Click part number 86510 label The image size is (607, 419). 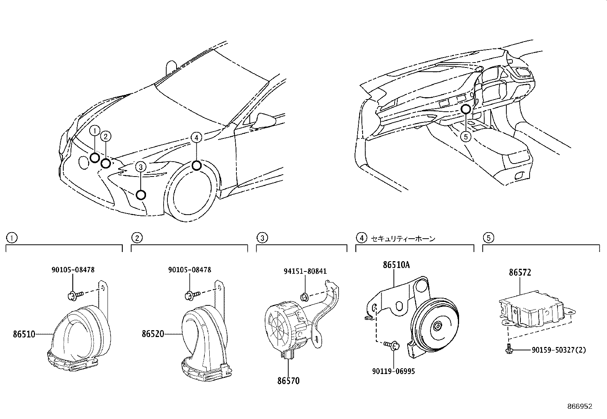tap(24, 334)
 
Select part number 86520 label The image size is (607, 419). tap(153, 334)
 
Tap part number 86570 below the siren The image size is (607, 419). tap(288, 380)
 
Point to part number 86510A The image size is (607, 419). tap(396, 265)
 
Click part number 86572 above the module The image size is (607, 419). tap(520, 273)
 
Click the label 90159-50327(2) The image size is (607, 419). tap(559, 349)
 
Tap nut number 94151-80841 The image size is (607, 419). tap(305, 271)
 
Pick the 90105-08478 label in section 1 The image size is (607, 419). tap(73, 270)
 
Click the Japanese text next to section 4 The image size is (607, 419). tap(403, 239)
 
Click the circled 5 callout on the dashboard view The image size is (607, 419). tap(466, 136)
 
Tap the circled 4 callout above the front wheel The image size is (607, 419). tap(196, 138)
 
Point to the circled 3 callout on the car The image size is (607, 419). tap(141, 167)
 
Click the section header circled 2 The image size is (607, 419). tap(136, 238)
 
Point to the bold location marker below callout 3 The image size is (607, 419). tap(141, 195)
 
